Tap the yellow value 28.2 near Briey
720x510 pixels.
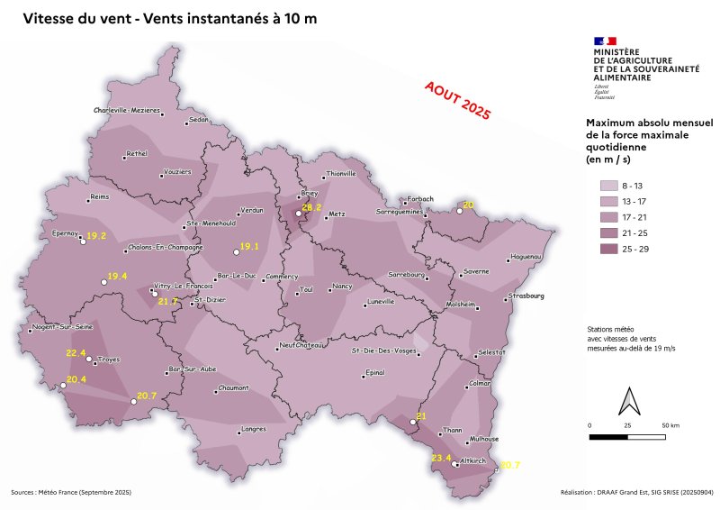coord(311,208)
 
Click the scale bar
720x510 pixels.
coord(628,436)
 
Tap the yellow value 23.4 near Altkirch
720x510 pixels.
coord(441,459)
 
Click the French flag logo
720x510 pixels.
coord(605,41)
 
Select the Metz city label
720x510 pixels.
coord(337,214)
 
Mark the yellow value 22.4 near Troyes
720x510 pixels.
coord(76,352)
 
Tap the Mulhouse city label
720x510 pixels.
coord(484,438)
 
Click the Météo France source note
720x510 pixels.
coord(71,493)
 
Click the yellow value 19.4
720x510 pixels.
coord(118,276)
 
